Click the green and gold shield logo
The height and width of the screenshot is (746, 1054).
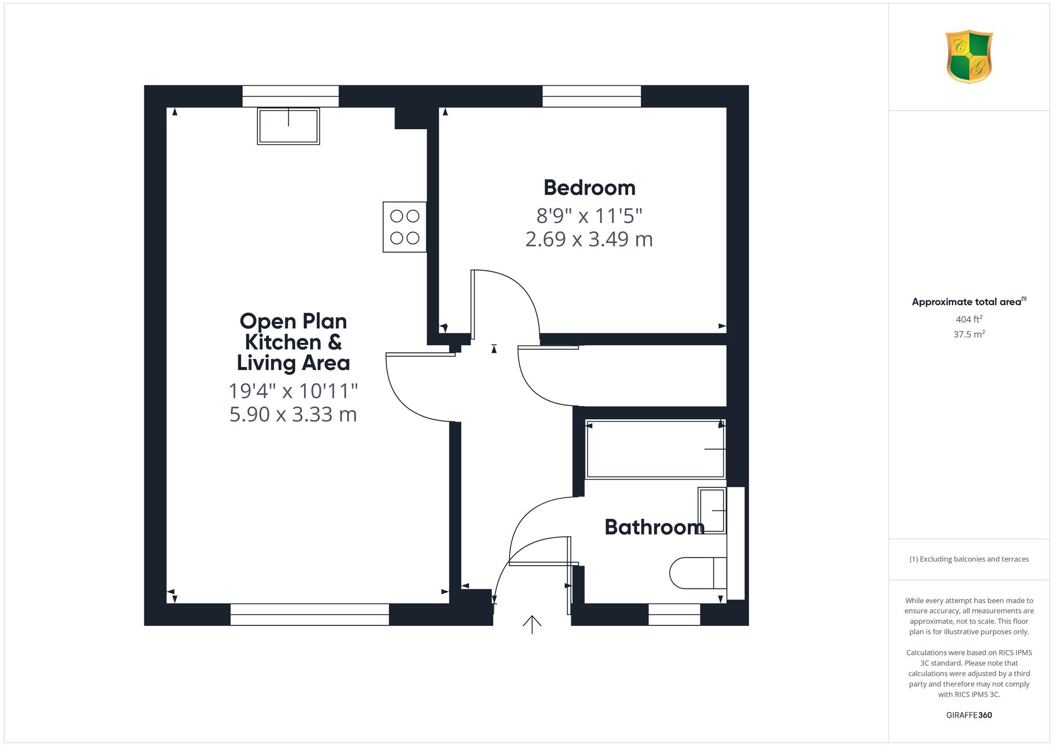point(969,56)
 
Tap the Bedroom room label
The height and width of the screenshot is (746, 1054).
point(589,188)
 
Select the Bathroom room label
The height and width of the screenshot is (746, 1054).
point(654,527)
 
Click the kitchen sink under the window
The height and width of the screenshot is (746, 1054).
point(288,126)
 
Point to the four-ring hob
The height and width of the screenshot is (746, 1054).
point(405,227)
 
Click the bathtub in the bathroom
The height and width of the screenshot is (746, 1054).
point(656,449)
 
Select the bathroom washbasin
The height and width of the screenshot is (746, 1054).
point(712,510)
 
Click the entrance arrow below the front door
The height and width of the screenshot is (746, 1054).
point(532,625)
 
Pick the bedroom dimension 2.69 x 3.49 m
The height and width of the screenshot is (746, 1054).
point(589,239)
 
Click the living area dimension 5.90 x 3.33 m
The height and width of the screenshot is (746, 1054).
point(293,414)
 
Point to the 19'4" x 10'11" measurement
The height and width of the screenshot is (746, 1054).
point(293,391)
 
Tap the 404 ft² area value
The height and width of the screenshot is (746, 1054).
point(969,319)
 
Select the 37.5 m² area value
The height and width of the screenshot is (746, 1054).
point(969,334)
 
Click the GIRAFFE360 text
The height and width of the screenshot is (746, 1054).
point(969,715)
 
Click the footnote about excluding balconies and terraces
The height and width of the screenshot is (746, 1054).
point(969,559)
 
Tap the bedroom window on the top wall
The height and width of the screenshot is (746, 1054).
point(592,96)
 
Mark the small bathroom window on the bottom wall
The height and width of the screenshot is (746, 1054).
point(674,615)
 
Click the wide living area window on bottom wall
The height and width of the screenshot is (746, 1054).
point(310,615)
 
